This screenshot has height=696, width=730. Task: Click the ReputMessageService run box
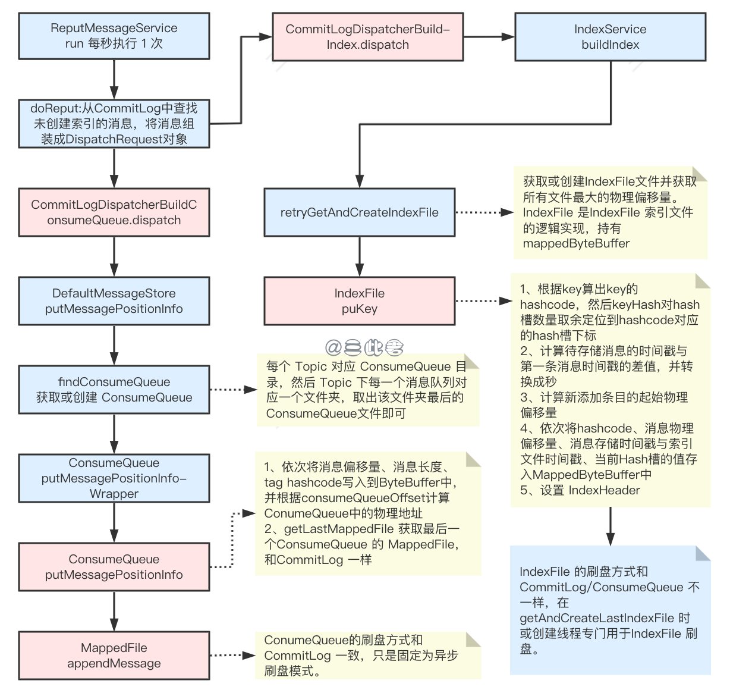(x=114, y=36)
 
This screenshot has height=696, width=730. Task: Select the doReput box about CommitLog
(x=114, y=124)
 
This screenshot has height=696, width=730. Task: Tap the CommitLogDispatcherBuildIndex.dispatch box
(x=367, y=37)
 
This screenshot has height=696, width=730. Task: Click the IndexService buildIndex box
(x=610, y=37)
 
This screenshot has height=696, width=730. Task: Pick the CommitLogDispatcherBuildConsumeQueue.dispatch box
(x=114, y=212)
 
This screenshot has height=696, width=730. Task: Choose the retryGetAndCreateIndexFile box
(x=359, y=212)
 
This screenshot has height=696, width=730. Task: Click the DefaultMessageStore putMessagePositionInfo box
(x=114, y=301)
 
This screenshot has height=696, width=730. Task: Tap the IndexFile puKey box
(x=359, y=301)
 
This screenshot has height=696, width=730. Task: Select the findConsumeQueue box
(x=114, y=390)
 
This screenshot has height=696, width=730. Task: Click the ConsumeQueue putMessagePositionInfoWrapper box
(x=114, y=478)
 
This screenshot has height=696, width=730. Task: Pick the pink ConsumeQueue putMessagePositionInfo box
(x=114, y=567)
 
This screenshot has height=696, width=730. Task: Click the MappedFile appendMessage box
(x=114, y=656)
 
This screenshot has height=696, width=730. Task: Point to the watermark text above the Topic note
(x=364, y=347)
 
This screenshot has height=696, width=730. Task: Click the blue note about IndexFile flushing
(x=610, y=610)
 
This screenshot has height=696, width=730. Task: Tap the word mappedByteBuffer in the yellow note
(x=575, y=243)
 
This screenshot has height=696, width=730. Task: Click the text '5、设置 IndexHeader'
(x=580, y=490)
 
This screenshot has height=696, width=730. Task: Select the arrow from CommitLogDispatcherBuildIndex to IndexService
(x=488, y=37)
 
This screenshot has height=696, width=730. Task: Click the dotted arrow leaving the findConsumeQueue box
(x=233, y=390)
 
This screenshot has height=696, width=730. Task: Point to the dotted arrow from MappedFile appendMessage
(x=232, y=656)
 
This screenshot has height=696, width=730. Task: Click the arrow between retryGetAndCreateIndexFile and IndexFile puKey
(x=359, y=256)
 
